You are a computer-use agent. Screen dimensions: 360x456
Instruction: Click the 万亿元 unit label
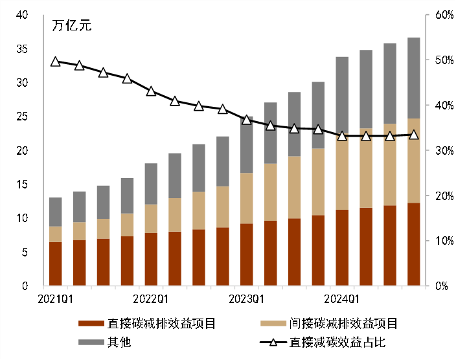(71, 27)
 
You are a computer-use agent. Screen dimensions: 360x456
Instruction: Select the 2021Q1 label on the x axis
(56, 298)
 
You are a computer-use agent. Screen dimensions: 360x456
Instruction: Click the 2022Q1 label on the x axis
(151, 298)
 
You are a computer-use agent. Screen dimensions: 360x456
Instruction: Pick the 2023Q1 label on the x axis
(247, 298)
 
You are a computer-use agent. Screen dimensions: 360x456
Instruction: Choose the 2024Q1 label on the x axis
(342, 298)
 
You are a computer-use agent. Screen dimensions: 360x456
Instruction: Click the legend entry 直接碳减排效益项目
(162, 324)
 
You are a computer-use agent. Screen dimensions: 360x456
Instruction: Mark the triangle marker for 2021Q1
(56, 62)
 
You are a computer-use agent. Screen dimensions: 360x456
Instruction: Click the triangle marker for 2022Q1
(151, 91)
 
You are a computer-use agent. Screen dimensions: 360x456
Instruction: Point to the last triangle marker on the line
(414, 135)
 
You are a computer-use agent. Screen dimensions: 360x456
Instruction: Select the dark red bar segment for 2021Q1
(56, 264)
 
